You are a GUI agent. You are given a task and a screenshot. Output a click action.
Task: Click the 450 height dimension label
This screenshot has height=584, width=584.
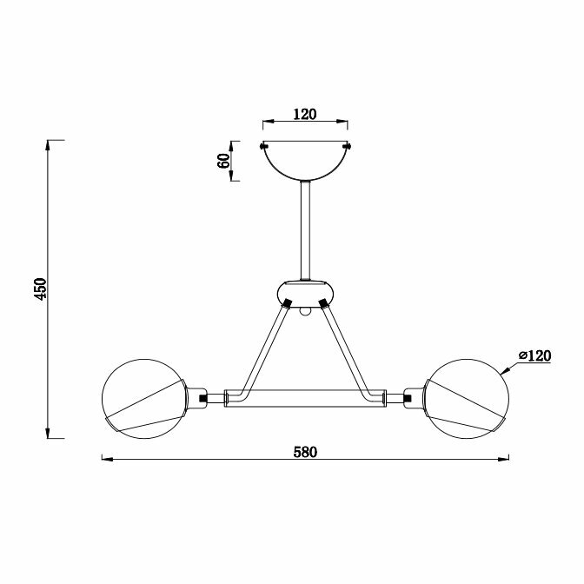click(x=40, y=289)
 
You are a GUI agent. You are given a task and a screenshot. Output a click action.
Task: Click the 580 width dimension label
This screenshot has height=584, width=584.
click(x=305, y=452)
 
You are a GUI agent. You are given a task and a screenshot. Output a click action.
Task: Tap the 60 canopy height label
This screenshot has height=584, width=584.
click(x=223, y=161)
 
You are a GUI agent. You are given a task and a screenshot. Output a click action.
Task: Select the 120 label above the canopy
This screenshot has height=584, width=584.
click(x=305, y=114)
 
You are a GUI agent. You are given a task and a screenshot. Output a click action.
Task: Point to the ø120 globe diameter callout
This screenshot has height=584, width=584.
click(x=534, y=355)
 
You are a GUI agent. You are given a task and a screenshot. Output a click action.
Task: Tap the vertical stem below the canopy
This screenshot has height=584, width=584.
click(x=305, y=230)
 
